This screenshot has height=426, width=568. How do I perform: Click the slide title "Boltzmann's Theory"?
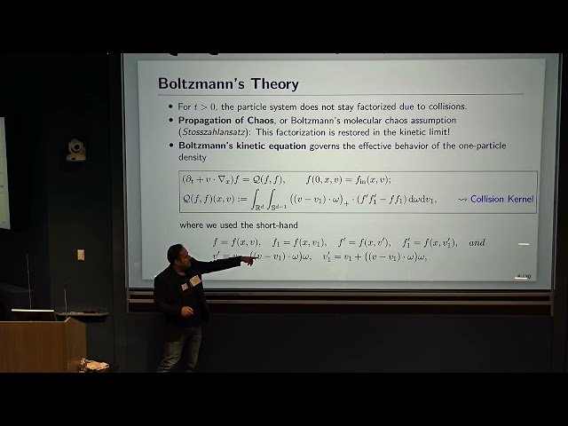(228, 84)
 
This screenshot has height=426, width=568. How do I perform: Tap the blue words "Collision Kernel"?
(501, 200)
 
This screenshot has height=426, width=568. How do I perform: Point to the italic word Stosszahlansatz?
(217, 131)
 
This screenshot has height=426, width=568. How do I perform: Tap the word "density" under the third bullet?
(193, 157)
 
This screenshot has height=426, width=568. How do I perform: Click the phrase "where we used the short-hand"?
(232, 225)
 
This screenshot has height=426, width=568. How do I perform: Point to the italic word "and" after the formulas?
(477, 241)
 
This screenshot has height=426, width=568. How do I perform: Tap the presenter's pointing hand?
(249, 259)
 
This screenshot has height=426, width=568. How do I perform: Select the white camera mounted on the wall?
(76, 150)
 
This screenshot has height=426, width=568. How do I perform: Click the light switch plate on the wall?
(81, 255)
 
